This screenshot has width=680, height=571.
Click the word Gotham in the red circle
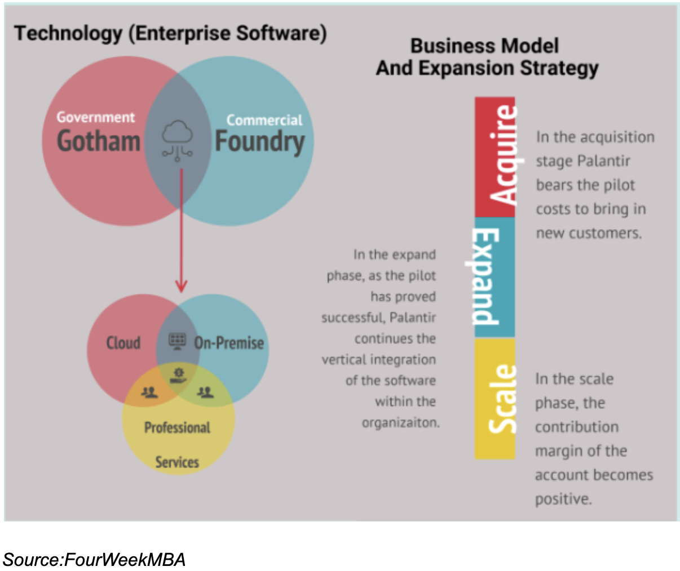click(99, 141)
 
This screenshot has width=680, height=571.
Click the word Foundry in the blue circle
click(259, 142)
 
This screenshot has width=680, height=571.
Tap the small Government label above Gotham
click(95, 117)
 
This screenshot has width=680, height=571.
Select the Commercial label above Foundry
click(264, 120)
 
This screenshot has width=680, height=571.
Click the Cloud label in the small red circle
click(123, 342)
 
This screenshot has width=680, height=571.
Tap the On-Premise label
click(229, 342)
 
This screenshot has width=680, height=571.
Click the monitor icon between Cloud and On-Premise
click(178, 341)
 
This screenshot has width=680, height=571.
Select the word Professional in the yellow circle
click(177, 427)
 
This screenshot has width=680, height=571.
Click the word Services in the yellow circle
click(177, 462)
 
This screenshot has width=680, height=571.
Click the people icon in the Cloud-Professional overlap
click(149, 392)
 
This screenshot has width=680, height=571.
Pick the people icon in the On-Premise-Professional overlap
click(205, 392)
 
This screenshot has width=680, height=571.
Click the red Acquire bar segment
click(495, 157)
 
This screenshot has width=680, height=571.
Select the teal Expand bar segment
click(494, 277)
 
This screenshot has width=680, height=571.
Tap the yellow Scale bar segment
click(494, 399)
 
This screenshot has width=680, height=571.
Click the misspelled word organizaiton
click(400, 422)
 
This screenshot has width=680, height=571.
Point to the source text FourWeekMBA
click(125, 560)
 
